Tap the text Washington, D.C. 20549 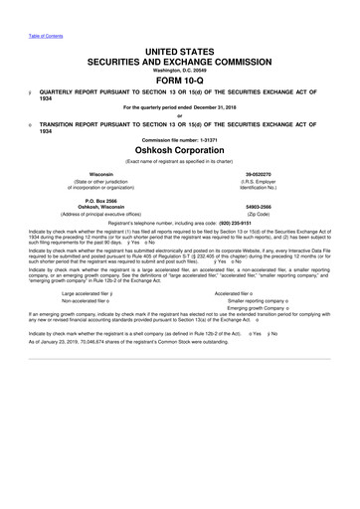180,71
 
